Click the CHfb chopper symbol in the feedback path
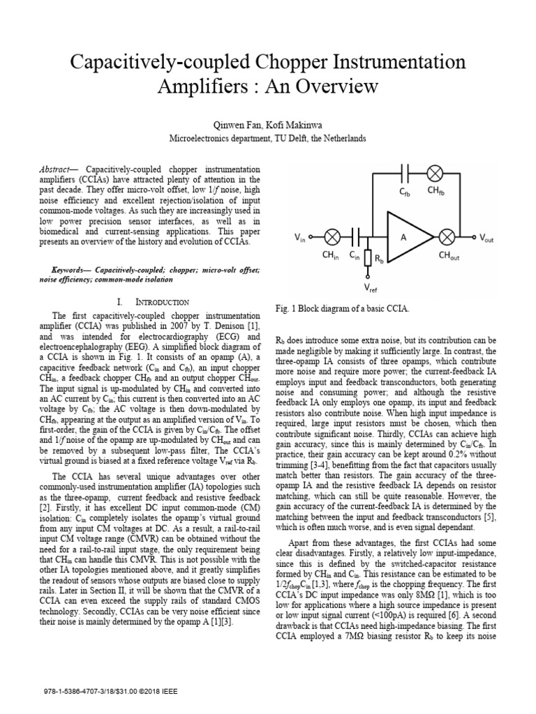click(434, 172)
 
